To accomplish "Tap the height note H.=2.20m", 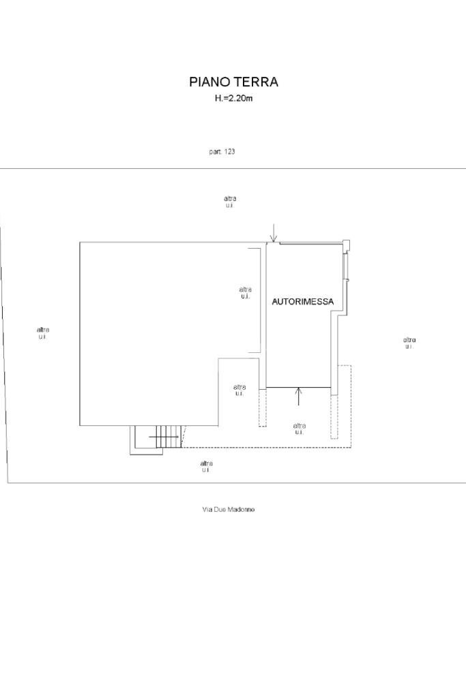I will [233, 99].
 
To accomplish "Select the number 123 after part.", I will [229, 151].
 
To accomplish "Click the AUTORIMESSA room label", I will [303, 301].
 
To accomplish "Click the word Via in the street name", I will [207, 510].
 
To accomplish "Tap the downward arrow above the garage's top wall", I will [273, 233].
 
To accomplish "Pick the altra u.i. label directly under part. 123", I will [230, 202].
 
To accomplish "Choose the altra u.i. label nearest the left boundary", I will [42, 333].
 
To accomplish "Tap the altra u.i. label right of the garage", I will [409, 343].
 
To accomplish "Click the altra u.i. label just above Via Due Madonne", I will [206, 467].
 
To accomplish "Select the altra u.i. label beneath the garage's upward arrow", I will [299, 429].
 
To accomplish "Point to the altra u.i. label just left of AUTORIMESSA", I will [245, 292].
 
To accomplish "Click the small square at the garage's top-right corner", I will [346, 245].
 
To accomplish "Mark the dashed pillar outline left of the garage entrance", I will [262, 407].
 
